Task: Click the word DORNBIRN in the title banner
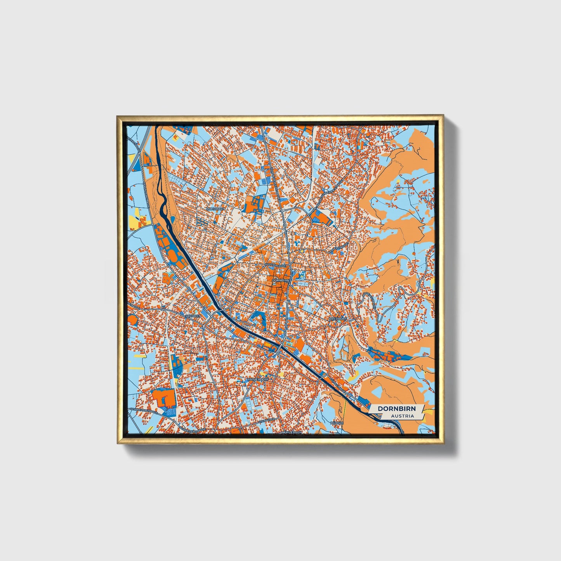click(396, 408)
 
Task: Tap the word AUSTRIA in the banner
click(402, 416)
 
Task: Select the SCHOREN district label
click(193, 316)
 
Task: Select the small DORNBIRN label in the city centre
click(281, 280)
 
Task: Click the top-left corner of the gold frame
click(118, 116)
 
